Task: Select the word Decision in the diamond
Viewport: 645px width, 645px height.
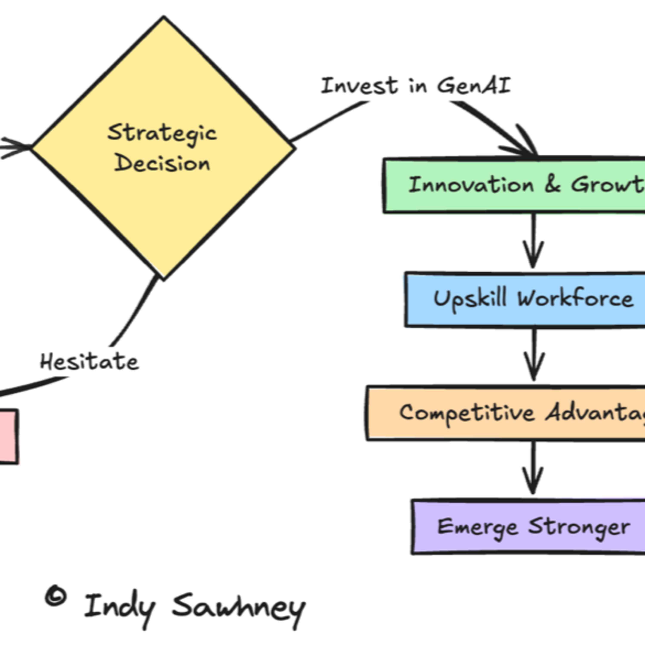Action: click(162, 164)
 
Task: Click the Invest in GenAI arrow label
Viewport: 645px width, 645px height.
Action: click(416, 86)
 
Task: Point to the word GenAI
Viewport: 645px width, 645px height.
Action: click(474, 86)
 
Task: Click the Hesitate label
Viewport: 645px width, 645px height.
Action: click(89, 362)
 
